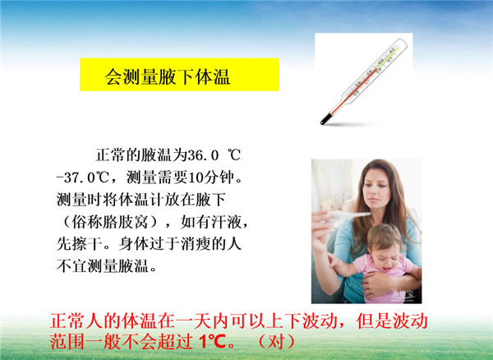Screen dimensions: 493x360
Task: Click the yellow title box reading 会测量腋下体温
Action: [x=179, y=75]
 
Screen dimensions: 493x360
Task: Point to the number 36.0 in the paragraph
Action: [x=203, y=155]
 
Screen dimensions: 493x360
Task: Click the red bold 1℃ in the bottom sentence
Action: [x=212, y=341]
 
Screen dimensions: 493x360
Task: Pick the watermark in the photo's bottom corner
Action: [x=404, y=295]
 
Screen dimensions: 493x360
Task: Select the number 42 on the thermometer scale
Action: [x=392, y=49]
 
